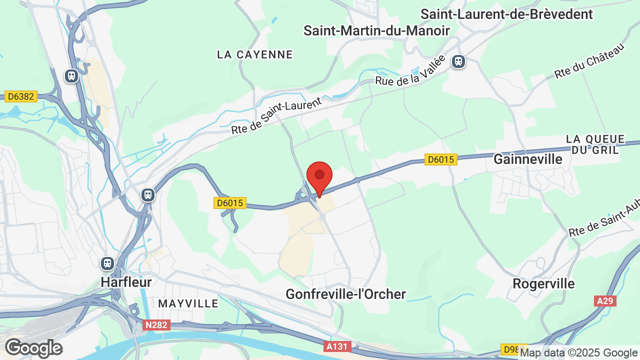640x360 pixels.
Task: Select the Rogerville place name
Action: (543, 283)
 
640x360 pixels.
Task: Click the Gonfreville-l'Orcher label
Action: (345, 294)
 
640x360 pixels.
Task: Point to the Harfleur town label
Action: (126, 281)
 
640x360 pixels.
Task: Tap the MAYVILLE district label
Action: (188, 303)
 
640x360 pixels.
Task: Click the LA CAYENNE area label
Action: (254, 54)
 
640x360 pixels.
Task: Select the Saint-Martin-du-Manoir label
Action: (376, 30)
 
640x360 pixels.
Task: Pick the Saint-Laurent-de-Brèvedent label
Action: (506, 14)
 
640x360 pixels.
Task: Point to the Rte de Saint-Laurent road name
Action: (276, 116)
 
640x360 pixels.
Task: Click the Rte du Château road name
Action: (589, 61)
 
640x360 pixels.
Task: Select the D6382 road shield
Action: (21, 96)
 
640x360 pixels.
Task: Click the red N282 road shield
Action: (156, 325)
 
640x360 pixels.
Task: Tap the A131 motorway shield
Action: (337, 346)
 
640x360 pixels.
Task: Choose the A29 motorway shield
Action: (605, 301)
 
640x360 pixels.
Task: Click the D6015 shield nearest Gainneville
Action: (440, 159)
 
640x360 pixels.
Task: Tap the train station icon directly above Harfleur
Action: (107, 263)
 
